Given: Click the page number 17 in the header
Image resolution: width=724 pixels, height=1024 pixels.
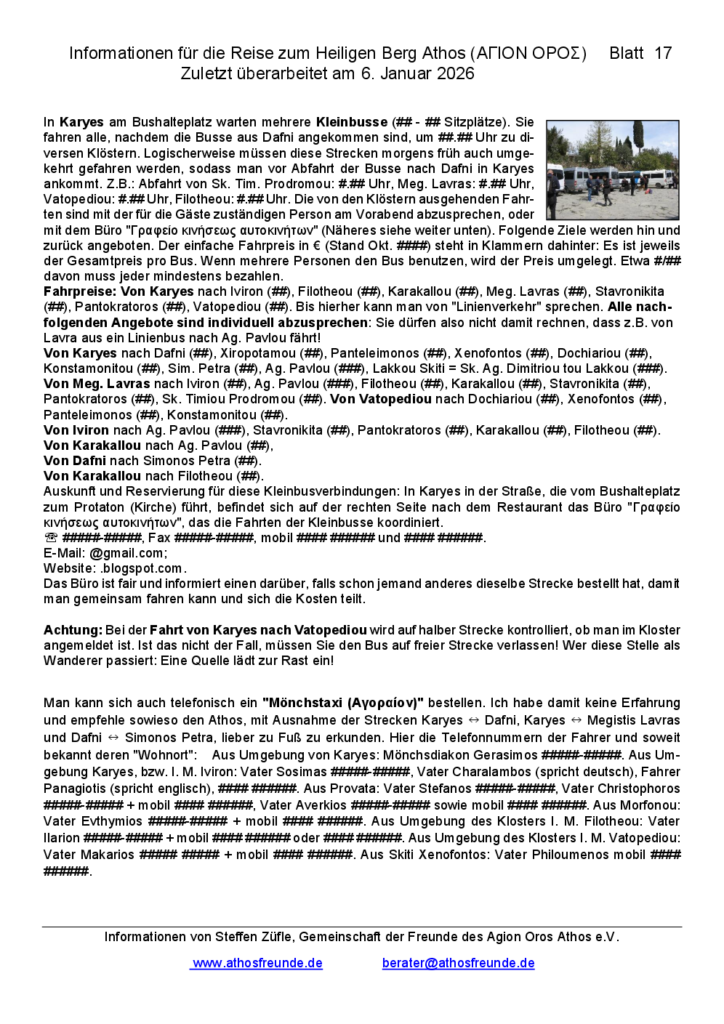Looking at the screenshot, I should click(x=663, y=53).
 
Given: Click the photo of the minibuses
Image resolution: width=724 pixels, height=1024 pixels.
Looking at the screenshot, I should click(x=612, y=170).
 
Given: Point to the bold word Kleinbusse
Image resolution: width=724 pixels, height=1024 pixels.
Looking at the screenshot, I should click(x=352, y=122).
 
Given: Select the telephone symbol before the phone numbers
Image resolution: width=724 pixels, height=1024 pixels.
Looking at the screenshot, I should click(x=51, y=538).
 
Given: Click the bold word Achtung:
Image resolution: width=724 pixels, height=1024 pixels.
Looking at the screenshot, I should click(x=73, y=630).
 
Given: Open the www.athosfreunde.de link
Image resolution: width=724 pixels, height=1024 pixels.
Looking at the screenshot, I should click(x=257, y=963).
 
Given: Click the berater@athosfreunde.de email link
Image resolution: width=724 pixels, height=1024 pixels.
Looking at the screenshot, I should click(x=458, y=963).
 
